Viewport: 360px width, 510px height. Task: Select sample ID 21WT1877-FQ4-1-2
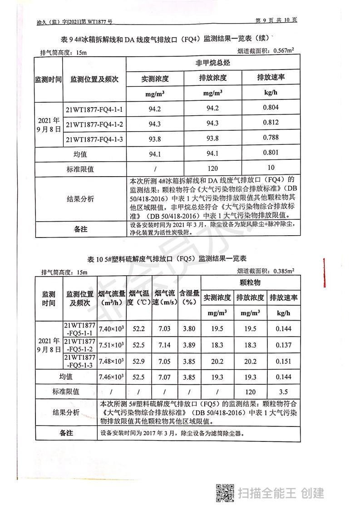(95, 124)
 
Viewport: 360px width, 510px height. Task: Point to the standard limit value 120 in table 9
(213, 168)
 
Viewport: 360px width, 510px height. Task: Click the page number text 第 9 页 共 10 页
(276, 20)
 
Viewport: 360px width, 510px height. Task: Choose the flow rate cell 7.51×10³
(111, 345)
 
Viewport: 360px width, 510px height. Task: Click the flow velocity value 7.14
(163, 345)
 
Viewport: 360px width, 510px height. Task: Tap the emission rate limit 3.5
(284, 391)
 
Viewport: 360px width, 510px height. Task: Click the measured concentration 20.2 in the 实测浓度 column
(217, 361)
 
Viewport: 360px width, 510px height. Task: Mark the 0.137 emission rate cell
(284, 345)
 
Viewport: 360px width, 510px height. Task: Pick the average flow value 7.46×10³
(111, 377)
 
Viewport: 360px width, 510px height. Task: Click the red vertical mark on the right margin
(324, 272)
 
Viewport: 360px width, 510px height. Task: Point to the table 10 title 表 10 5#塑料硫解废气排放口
(166, 258)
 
